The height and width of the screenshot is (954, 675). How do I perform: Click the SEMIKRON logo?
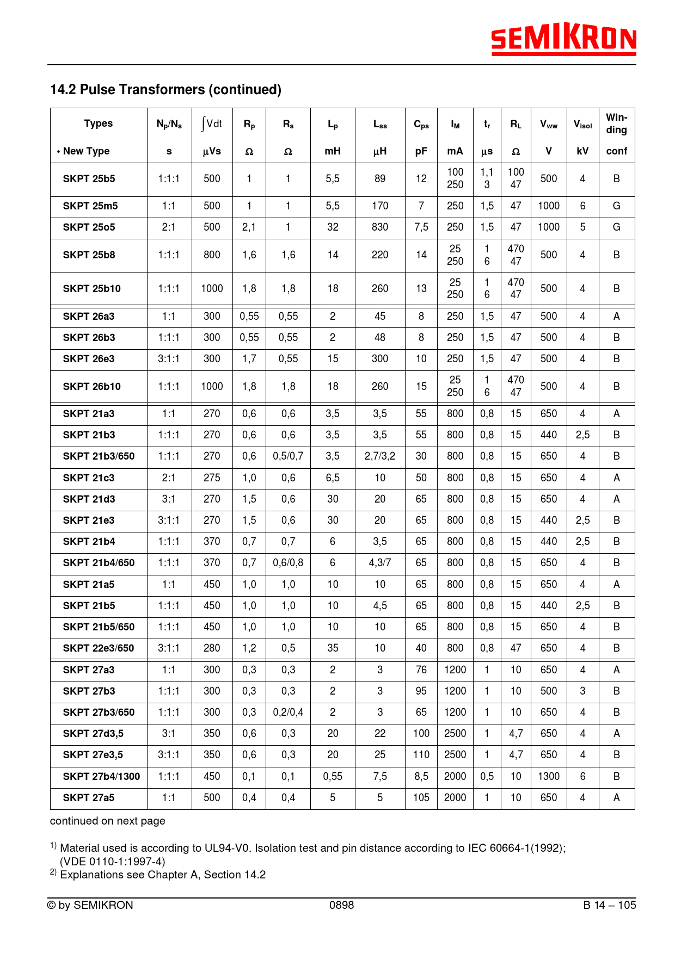pos(563,39)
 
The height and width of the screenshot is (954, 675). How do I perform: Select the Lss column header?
pos(380,125)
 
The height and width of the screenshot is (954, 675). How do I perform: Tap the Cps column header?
pos(421,125)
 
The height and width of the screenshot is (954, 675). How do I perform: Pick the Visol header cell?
pos(582,125)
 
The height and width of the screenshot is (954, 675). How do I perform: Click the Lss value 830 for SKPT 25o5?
pos(380,227)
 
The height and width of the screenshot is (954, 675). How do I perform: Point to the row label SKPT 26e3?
pos(89,359)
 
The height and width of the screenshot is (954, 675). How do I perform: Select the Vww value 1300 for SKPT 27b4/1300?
pos(549,777)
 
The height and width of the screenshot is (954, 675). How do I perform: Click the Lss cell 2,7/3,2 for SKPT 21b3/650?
pos(380,456)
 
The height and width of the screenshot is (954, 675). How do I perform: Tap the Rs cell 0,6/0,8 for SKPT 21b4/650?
pos(288,563)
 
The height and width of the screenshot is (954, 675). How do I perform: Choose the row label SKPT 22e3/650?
pos(99,648)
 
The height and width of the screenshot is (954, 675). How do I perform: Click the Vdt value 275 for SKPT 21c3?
pos(212,478)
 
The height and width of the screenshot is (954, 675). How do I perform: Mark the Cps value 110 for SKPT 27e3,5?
pos(421,755)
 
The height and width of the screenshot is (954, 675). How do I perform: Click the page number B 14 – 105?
pos(609,905)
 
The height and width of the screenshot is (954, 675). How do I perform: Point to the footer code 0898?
pos(341,905)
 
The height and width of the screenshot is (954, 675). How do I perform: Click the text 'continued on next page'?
pos(108,821)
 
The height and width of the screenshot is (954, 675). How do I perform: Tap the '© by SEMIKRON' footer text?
pos(90,905)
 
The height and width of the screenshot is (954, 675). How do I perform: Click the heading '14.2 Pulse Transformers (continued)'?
pos(165,90)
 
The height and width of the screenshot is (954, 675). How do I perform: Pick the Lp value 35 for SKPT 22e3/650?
pos(333,648)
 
